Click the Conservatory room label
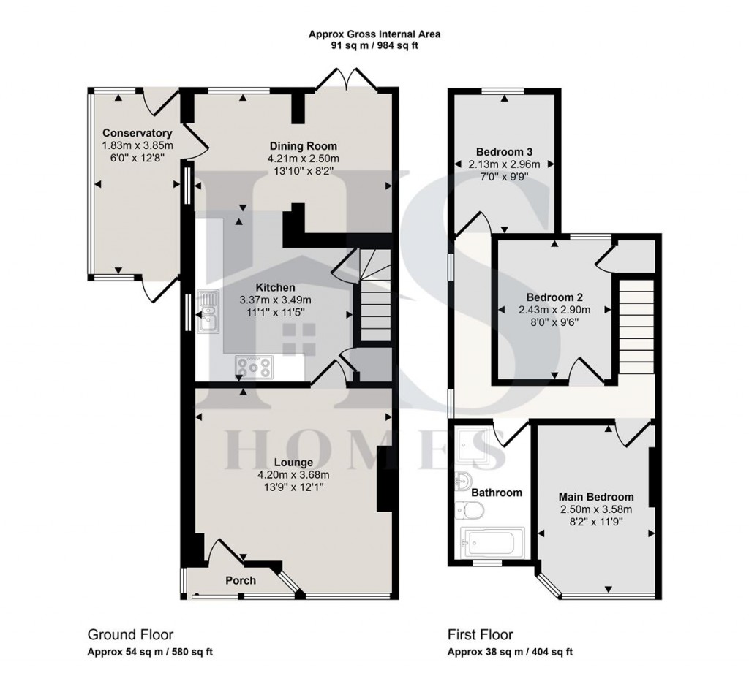click(137, 133)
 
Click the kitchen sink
click(209, 311)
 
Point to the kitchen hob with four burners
click(253, 367)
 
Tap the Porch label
click(240, 580)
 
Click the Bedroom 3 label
click(504, 153)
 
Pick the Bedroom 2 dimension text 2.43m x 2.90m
click(554, 310)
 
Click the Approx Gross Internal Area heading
click(374, 34)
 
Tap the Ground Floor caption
click(130, 634)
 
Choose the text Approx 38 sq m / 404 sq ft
click(510, 652)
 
